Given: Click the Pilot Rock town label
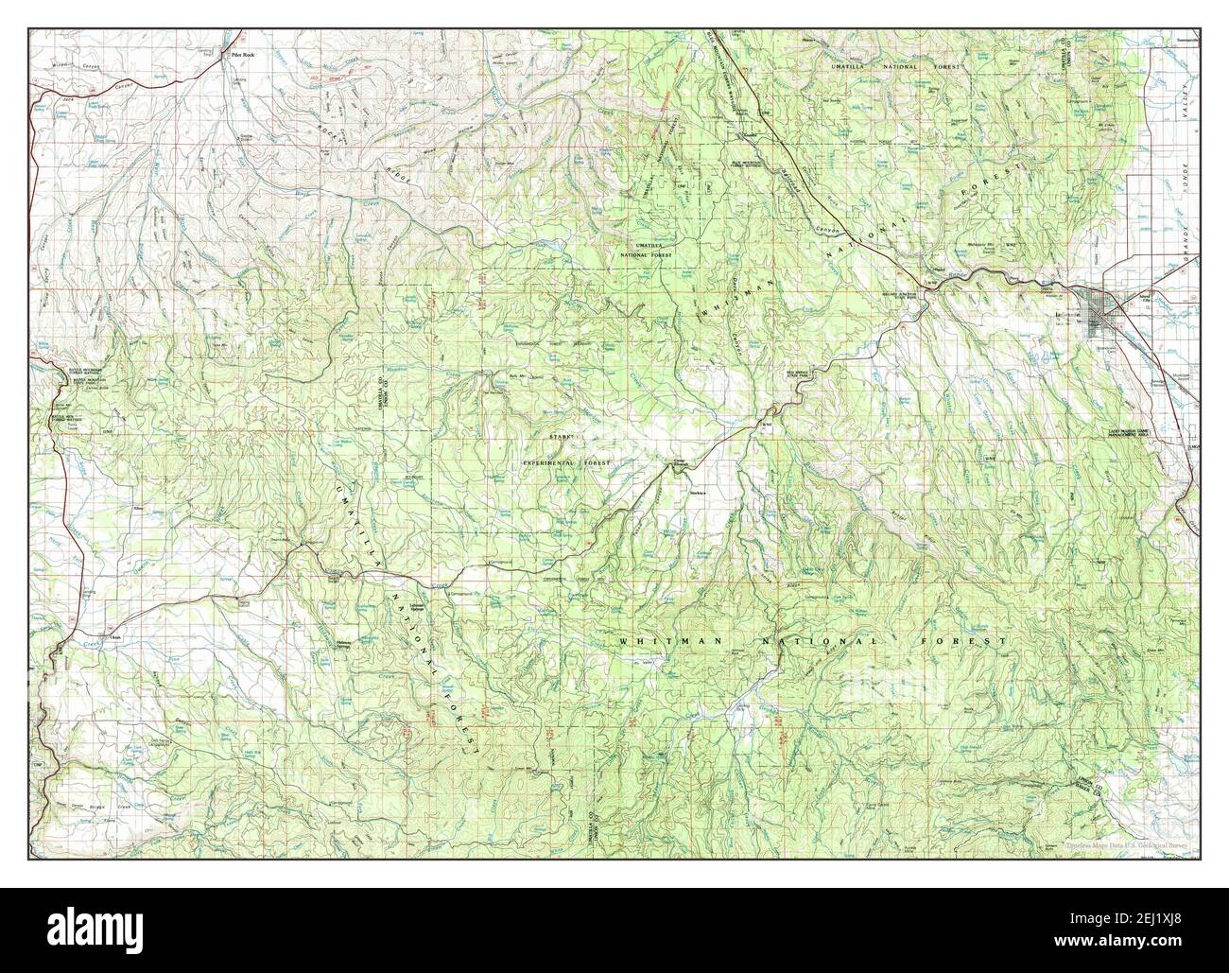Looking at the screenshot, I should pyautogui.click(x=245, y=56).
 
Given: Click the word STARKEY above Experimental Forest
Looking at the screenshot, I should pyautogui.click(x=564, y=437).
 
